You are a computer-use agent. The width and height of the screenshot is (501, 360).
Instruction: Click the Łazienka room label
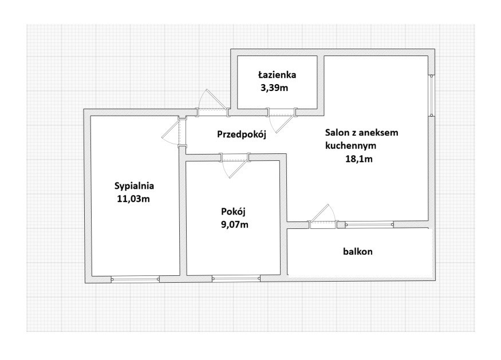click(x=277, y=75)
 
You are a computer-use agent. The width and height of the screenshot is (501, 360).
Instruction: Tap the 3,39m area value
click(x=274, y=88)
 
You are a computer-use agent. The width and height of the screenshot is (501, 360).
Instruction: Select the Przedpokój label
click(x=242, y=134)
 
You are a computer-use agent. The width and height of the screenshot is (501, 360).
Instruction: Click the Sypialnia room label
click(x=134, y=186)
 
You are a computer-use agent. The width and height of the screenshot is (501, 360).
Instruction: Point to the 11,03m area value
click(x=133, y=199)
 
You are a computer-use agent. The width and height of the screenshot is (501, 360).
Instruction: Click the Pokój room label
click(x=233, y=212)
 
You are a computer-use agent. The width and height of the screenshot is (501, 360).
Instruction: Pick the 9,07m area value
click(x=235, y=225)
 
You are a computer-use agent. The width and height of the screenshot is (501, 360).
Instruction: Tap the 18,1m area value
click(x=359, y=159)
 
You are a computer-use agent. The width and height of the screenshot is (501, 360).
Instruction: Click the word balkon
click(x=358, y=251)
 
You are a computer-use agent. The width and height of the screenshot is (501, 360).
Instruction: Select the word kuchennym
click(x=351, y=146)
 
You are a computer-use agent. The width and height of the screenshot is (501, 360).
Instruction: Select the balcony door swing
click(x=323, y=216)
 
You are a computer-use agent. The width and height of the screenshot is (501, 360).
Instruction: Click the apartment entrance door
click(x=212, y=102)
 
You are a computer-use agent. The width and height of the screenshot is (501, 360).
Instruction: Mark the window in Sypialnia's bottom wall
click(x=135, y=279)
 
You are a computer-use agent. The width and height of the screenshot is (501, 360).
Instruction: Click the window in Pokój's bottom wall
click(x=236, y=279)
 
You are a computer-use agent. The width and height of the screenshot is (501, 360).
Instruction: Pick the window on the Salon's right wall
click(x=431, y=95)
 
